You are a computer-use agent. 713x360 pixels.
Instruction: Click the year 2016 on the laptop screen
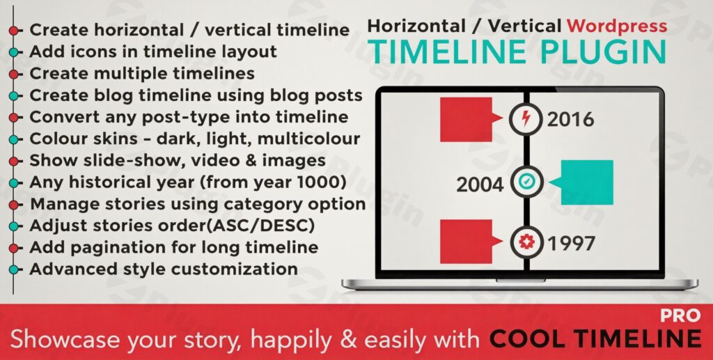pos(570,119)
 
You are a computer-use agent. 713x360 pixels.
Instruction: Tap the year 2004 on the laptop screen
pos(480,185)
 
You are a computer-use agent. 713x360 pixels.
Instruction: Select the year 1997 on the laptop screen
pos(571,243)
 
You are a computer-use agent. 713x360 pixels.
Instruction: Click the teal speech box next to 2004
pos(586,182)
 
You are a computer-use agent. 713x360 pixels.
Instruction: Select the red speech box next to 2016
pos(467,119)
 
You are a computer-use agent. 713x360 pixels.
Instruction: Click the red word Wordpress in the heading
pos(617,26)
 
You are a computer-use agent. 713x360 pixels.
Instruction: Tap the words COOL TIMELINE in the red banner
pos(595,339)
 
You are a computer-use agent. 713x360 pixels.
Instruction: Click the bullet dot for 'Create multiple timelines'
pos(14,73)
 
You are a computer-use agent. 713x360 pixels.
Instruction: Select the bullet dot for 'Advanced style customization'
pos(14,269)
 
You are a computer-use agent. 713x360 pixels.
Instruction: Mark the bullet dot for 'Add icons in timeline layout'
pos(14,52)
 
